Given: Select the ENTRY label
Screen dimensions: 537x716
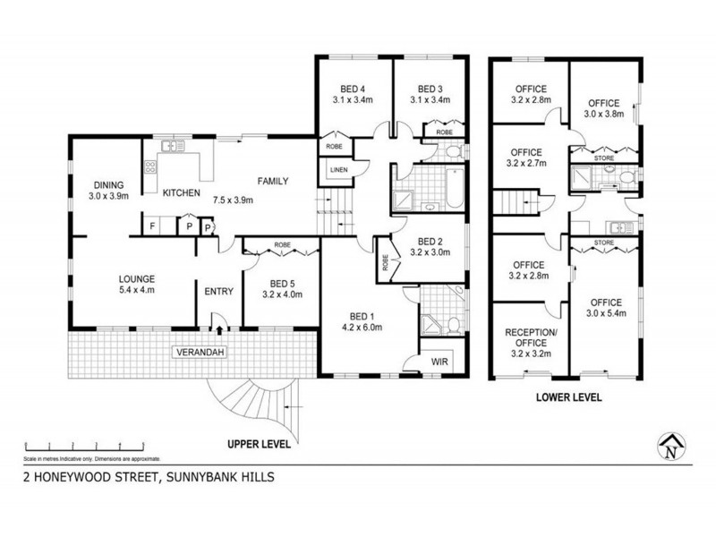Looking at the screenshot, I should pyautogui.click(x=219, y=291).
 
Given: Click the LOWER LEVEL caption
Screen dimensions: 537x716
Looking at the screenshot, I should pyautogui.click(x=567, y=396).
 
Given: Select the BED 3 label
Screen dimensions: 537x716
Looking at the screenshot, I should pyautogui.click(x=431, y=88).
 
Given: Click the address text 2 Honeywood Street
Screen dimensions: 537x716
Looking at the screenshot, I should pyautogui.click(x=148, y=477).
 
